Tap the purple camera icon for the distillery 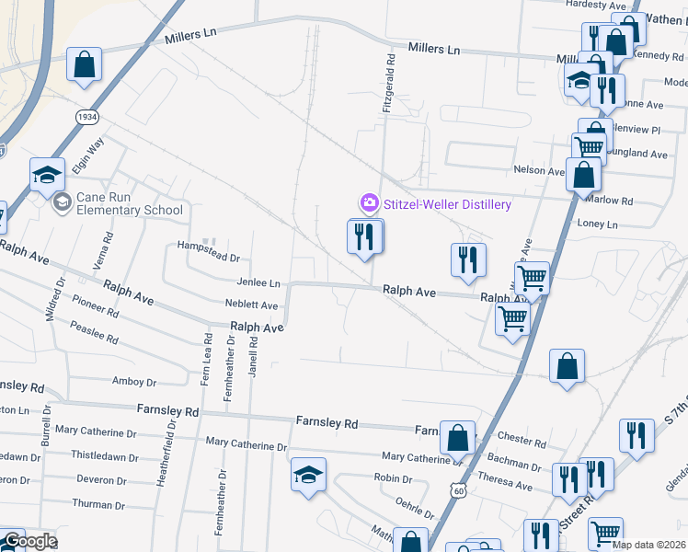pyautogui.click(x=369, y=202)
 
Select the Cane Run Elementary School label pyautogui.click(x=129, y=203)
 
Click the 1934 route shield pyautogui.click(x=86, y=118)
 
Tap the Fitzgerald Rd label pyautogui.click(x=389, y=84)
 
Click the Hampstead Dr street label pyautogui.click(x=208, y=259)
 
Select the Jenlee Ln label pyautogui.click(x=258, y=284)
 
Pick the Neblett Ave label pyautogui.click(x=251, y=305)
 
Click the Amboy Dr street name pyautogui.click(x=134, y=382)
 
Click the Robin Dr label pyautogui.click(x=393, y=478)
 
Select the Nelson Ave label pyautogui.click(x=538, y=170)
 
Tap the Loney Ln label pyautogui.click(x=597, y=224)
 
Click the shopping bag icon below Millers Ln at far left pyautogui.click(x=84, y=64)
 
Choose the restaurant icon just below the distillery pyautogui.click(x=365, y=237)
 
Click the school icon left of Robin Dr pyautogui.click(x=307, y=475)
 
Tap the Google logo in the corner pyautogui.click(x=29, y=541)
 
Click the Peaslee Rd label pyautogui.click(x=95, y=333)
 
